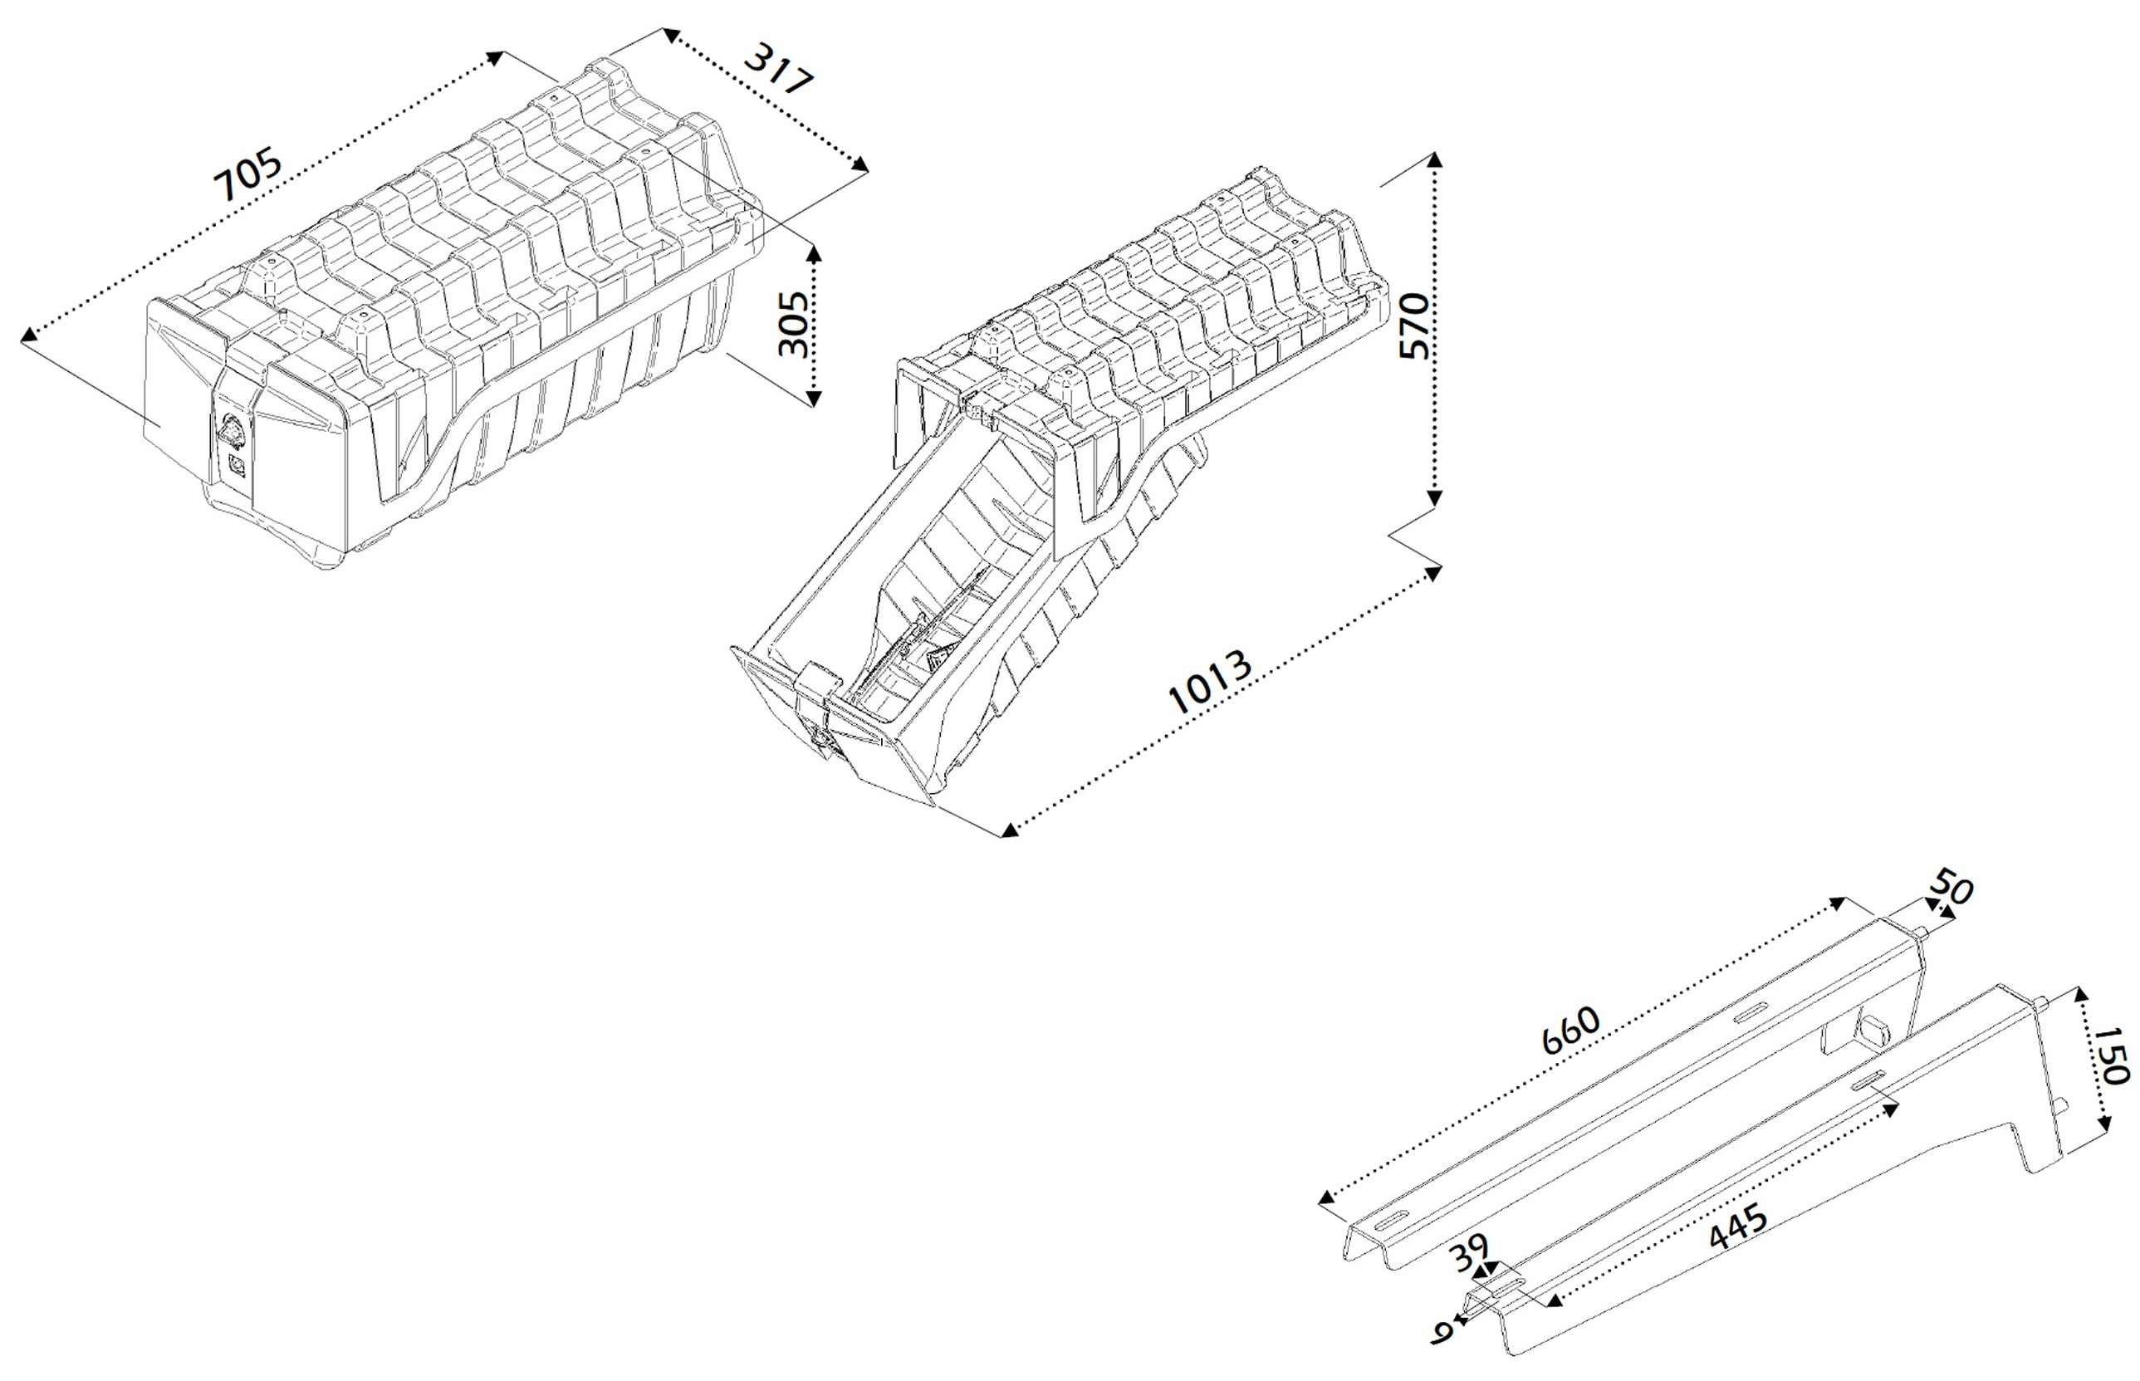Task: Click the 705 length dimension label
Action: click(248, 176)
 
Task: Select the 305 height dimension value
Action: click(792, 324)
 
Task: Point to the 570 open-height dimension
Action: click(1414, 326)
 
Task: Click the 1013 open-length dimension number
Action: click(1210, 683)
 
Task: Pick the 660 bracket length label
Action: click(1570, 1031)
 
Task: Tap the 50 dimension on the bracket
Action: click(1951, 888)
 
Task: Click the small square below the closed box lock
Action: click(238, 464)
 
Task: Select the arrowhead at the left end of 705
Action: click(29, 335)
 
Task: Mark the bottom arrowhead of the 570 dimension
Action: click(1434, 498)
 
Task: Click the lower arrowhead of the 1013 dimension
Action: click(1010, 830)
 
